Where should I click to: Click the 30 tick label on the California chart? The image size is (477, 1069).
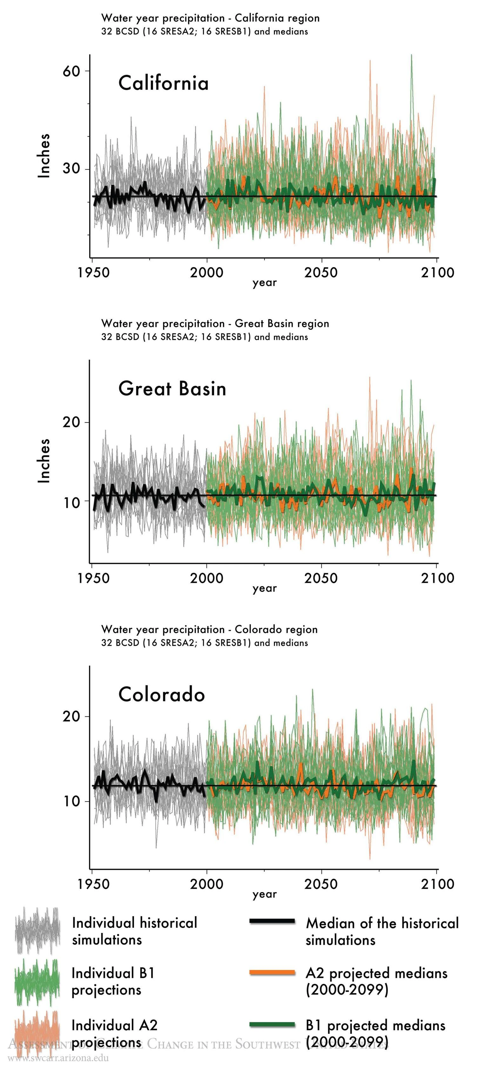[71, 169]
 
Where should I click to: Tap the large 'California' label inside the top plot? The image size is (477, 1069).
[163, 83]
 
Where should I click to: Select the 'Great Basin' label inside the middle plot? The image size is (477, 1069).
[172, 389]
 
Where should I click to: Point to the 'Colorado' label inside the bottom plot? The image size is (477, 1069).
[162, 694]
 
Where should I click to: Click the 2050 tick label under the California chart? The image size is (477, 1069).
[320, 273]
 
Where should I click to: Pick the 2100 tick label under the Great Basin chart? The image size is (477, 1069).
[437, 578]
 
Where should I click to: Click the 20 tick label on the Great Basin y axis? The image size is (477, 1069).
[71, 422]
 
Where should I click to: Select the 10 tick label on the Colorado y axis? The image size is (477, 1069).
[71, 801]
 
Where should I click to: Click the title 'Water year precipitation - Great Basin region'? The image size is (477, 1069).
[215, 324]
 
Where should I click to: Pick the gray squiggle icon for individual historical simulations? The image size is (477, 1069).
[37, 931]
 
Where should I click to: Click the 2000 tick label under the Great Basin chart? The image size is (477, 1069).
[206, 578]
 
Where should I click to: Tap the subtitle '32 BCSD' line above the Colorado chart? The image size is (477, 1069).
[204, 643]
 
